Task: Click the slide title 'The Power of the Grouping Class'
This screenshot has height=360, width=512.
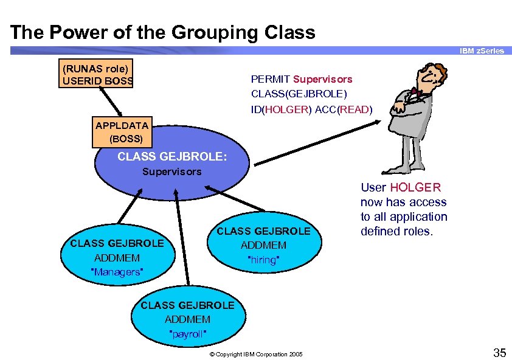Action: click(163, 32)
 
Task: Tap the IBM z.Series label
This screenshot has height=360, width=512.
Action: click(482, 50)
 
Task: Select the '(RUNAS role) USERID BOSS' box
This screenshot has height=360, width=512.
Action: click(96, 74)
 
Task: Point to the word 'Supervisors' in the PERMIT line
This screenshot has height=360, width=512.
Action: click(322, 79)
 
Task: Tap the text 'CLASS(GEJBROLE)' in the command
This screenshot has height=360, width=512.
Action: click(299, 94)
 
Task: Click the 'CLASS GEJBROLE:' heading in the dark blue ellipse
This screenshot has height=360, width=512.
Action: click(172, 156)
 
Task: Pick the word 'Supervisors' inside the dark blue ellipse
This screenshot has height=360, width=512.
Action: click(171, 171)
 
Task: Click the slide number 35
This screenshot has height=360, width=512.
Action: click(499, 352)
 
